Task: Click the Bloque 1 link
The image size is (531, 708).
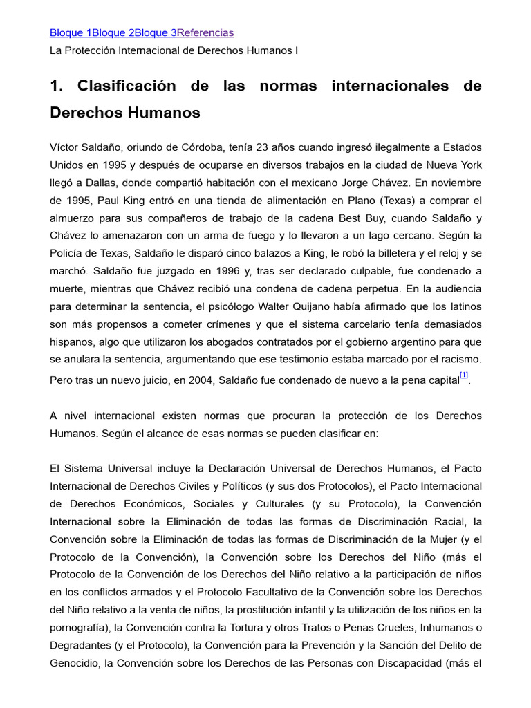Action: (x=71, y=32)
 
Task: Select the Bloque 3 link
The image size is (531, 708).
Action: (x=156, y=32)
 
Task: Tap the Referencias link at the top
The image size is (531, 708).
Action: (x=205, y=32)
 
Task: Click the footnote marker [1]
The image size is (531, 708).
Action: (x=464, y=375)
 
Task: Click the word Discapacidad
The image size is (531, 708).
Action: (x=405, y=662)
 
